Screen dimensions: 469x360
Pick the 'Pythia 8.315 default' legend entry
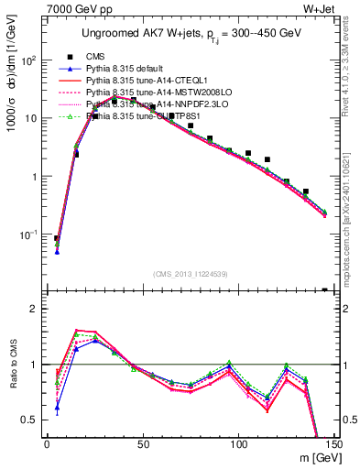coord(126,69)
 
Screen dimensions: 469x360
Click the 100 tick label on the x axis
coord(239,443)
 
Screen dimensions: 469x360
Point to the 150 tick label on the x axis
coord(334,443)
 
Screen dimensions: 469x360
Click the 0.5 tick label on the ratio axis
coord(32,420)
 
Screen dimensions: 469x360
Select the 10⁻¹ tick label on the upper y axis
coord(29,235)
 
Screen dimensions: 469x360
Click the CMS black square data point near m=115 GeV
coord(267,159)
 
